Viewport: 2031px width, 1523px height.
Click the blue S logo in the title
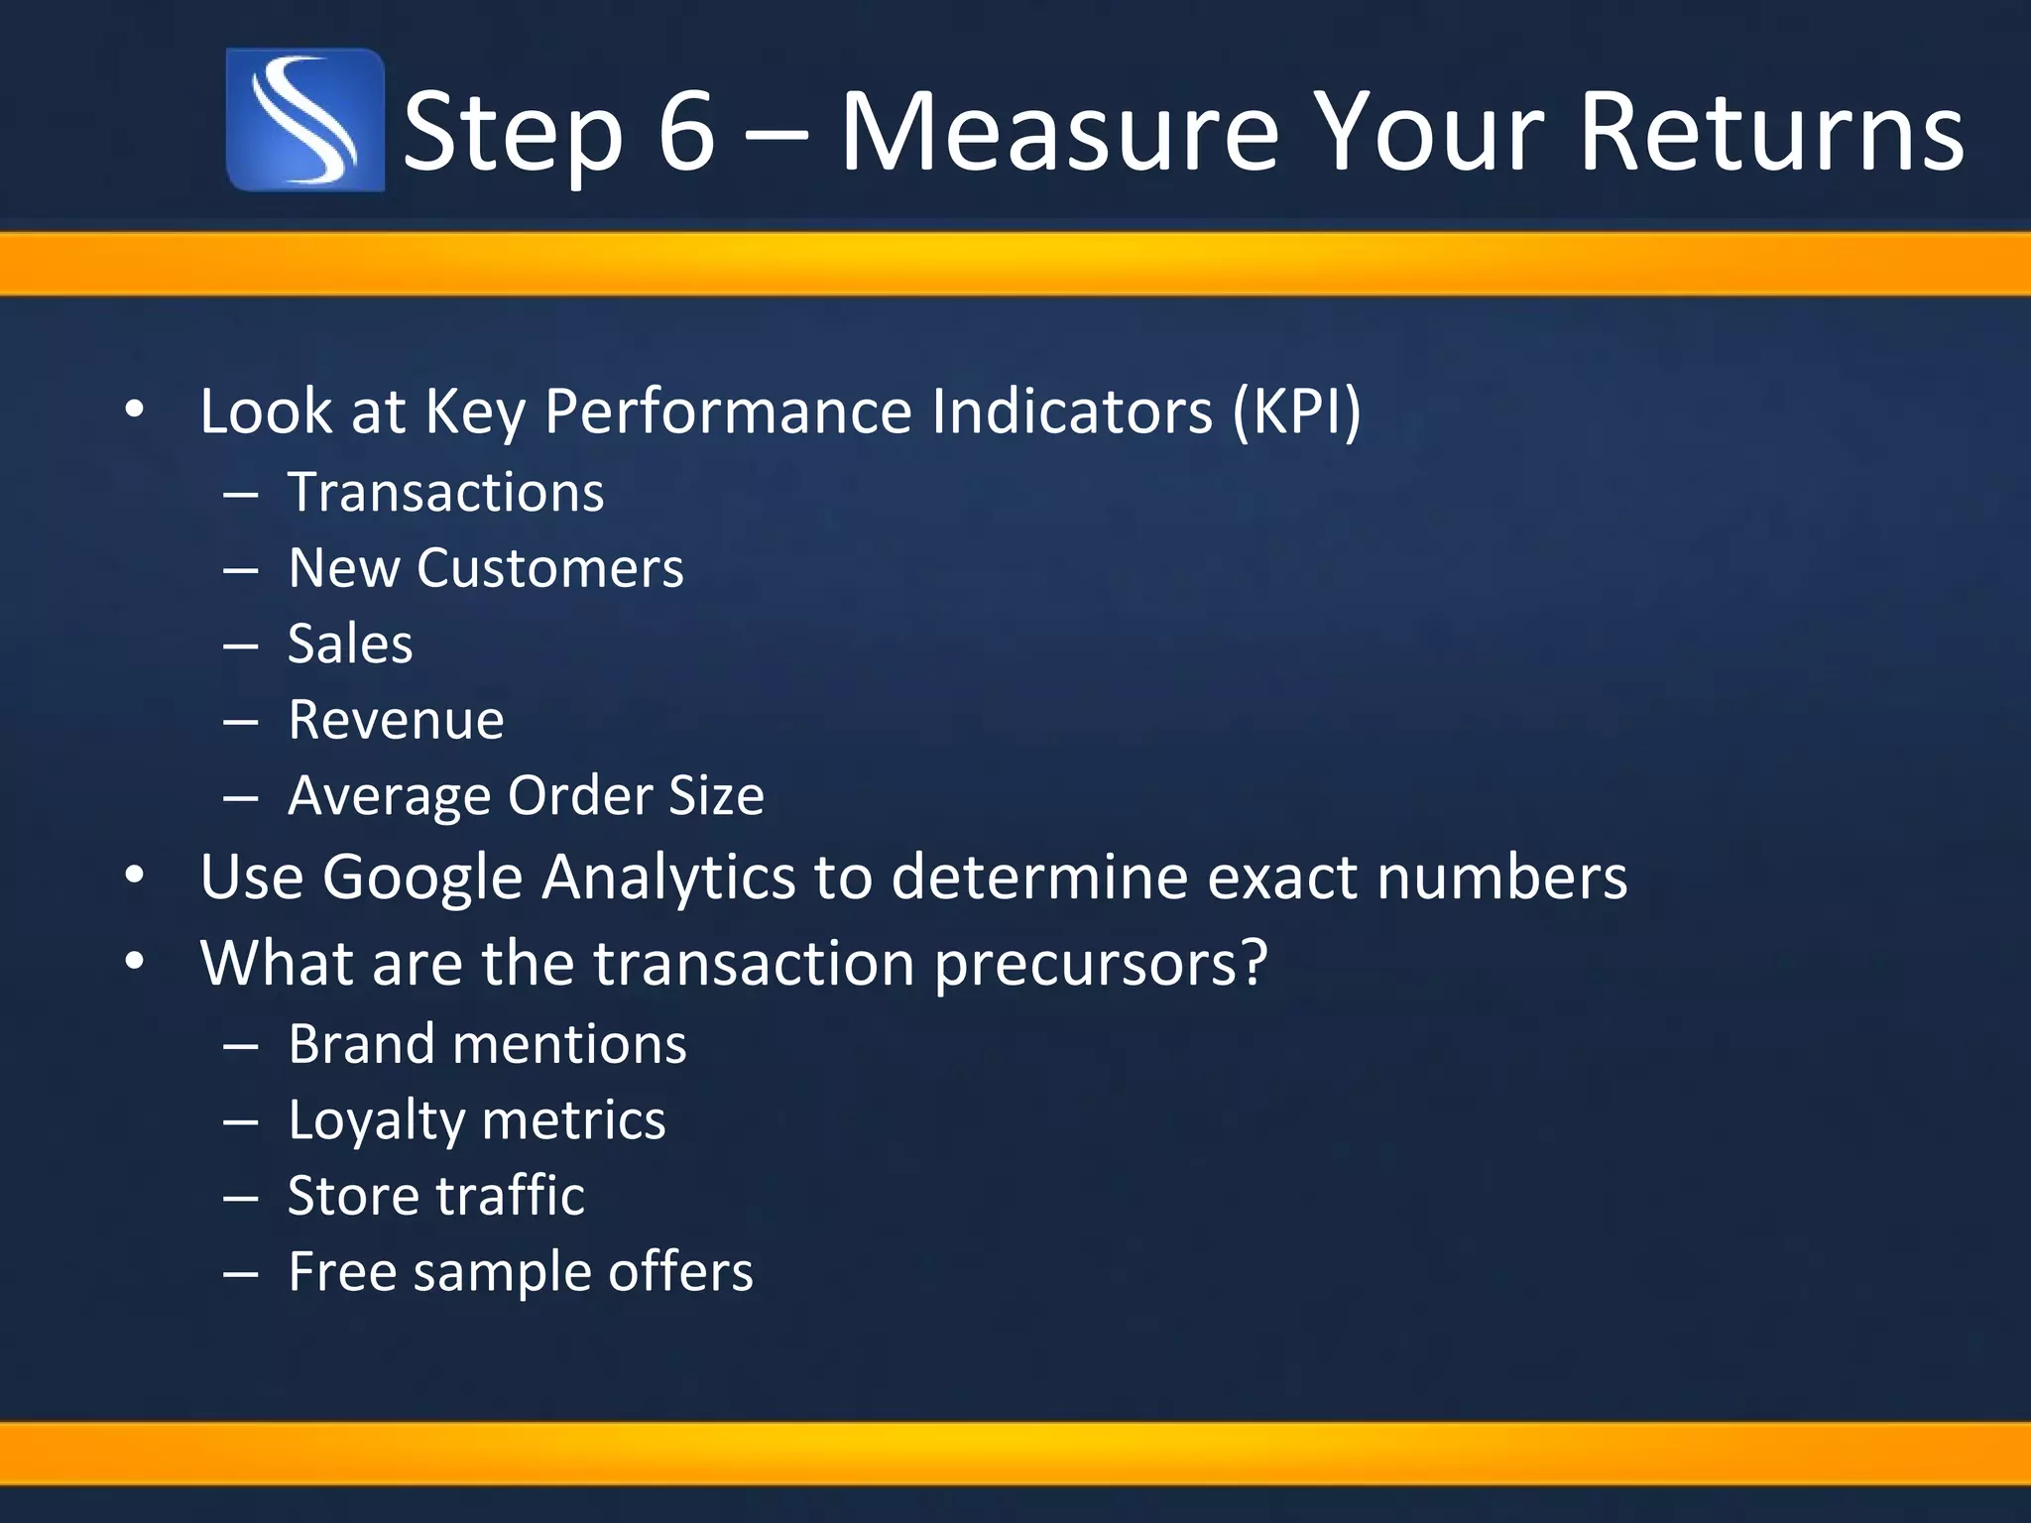pos(304,120)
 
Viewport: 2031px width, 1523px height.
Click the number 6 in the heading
pos(685,132)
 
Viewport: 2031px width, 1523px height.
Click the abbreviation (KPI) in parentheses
pos(1297,410)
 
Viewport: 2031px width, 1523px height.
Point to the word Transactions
pos(445,493)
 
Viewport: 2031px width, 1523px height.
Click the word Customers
pos(549,568)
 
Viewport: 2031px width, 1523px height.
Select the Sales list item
pos(350,644)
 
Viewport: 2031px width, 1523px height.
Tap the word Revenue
pos(396,720)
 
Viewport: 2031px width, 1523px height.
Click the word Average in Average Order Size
pos(389,796)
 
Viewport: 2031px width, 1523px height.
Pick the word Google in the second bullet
pos(422,879)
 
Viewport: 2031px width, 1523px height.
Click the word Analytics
pos(668,879)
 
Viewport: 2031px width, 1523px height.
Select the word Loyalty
pos(375,1121)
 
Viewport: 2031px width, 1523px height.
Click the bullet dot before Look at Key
pos(135,410)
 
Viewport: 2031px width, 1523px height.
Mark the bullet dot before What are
pos(135,962)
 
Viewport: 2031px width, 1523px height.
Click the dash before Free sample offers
pos(241,1272)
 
